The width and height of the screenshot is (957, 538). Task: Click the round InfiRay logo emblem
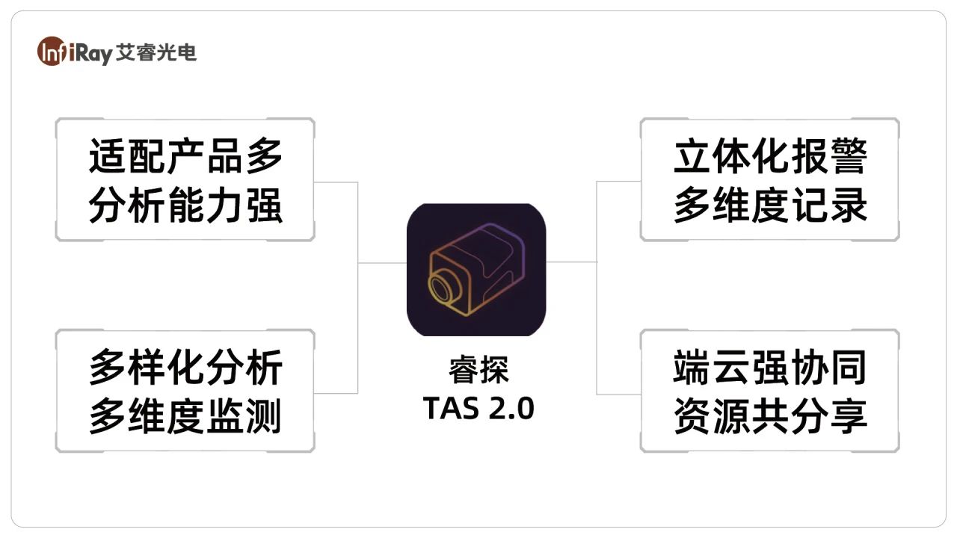point(52,52)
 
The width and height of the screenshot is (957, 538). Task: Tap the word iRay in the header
point(90,53)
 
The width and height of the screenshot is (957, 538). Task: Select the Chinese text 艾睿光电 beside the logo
point(156,52)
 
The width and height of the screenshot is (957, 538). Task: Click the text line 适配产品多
point(186,156)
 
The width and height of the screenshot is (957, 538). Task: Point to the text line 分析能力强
point(186,205)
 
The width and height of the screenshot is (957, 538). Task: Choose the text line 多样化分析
point(186,367)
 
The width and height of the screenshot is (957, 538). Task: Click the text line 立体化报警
point(770,156)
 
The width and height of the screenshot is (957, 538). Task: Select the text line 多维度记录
point(770,205)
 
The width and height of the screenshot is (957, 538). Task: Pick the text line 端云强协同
point(770,367)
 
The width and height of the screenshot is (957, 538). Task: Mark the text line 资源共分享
point(770,416)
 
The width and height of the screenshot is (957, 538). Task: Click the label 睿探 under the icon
point(478,370)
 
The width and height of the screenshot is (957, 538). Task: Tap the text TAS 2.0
point(478,408)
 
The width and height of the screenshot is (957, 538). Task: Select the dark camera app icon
point(476,270)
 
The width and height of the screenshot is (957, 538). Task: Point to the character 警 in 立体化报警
point(849,156)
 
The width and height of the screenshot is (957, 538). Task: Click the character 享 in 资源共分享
point(849,416)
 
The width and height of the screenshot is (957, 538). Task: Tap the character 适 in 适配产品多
point(107,156)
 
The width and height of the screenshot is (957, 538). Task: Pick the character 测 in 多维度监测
point(263,416)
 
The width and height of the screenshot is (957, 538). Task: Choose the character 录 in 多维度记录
point(849,205)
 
